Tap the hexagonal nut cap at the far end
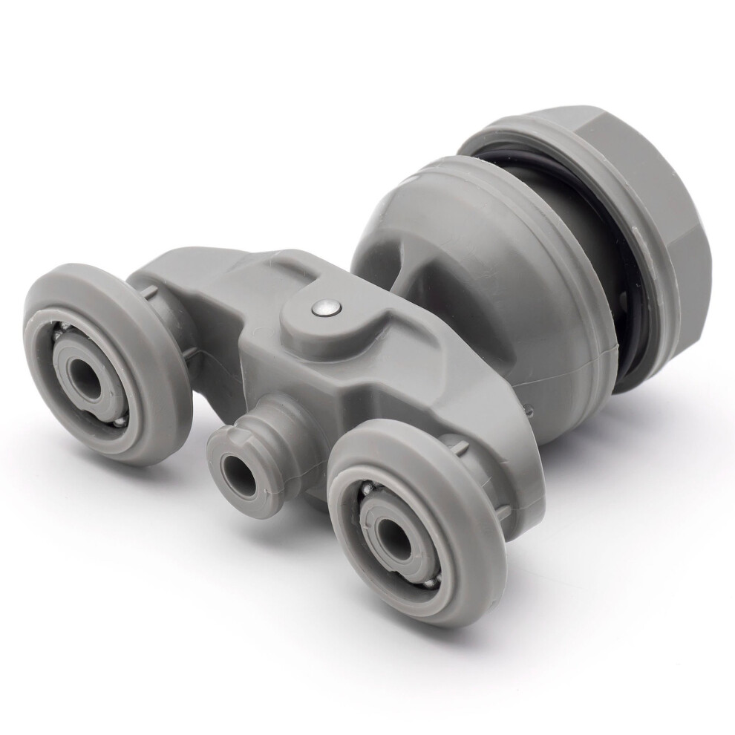pos(653,193)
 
